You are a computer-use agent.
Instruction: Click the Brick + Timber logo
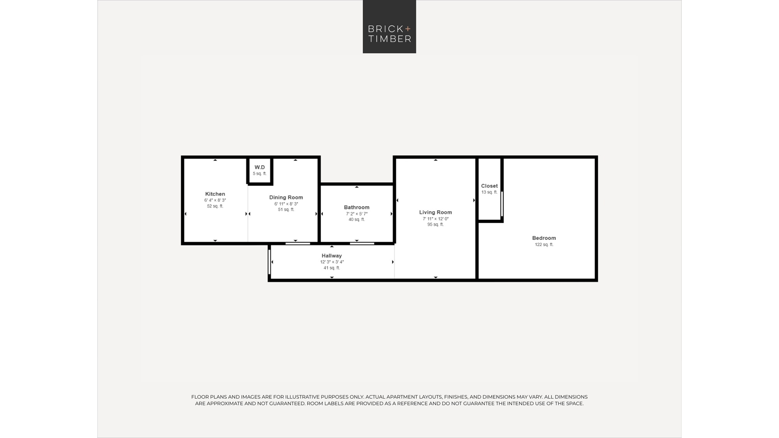(x=389, y=26)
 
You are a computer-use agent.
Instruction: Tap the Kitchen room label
(x=215, y=194)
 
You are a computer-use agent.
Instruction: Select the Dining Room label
(x=286, y=197)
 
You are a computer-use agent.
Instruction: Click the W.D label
(x=260, y=167)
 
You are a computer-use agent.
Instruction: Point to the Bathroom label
(x=356, y=208)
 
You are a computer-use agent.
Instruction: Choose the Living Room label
(x=435, y=212)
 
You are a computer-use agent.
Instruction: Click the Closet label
(x=489, y=186)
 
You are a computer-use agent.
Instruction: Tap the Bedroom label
(x=544, y=238)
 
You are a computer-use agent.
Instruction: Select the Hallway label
(x=331, y=256)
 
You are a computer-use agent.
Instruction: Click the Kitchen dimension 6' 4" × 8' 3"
(x=215, y=200)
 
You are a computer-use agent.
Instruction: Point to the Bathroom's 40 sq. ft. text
(x=356, y=220)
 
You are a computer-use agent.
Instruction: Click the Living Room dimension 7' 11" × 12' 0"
(x=435, y=219)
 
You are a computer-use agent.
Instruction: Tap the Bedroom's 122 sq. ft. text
(x=544, y=245)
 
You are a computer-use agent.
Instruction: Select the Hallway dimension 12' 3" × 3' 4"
(x=332, y=262)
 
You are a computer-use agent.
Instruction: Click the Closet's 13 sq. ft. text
(x=489, y=192)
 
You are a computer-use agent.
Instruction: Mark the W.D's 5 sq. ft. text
(x=260, y=174)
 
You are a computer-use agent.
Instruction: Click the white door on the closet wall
(x=502, y=204)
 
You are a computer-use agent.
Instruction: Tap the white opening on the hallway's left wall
(x=269, y=262)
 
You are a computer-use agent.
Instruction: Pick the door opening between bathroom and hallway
(x=362, y=243)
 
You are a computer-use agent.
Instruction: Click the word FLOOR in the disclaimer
(x=199, y=397)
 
